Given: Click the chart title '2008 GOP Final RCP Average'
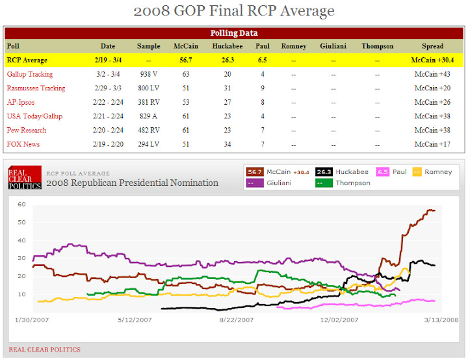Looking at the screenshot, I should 233,11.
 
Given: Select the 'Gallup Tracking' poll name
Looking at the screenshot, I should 31,74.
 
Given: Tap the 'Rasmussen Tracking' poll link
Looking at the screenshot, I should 36,88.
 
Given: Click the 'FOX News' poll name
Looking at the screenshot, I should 23,144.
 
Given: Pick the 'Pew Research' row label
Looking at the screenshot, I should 27,130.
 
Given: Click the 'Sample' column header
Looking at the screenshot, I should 148,46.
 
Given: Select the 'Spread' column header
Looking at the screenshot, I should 432,46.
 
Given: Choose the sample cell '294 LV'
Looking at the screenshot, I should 148,144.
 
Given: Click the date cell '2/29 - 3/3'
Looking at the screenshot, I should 108,88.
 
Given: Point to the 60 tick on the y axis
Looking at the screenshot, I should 21,204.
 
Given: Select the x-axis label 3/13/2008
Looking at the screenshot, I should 441,320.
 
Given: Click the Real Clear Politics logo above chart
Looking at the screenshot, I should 25,177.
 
